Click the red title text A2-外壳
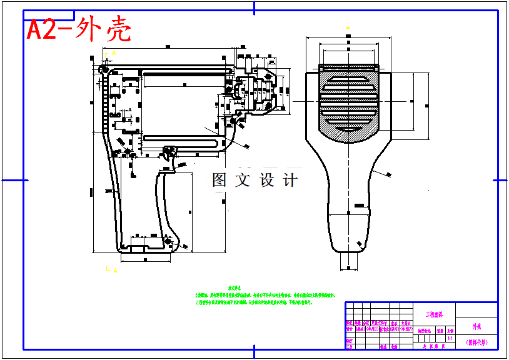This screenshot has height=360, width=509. click(79, 29)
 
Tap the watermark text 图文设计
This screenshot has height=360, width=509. click(254, 181)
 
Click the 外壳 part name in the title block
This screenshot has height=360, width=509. click(477, 326)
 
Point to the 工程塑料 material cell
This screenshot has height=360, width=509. click(435, 314)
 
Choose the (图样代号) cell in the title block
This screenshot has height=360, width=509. click(477, 342)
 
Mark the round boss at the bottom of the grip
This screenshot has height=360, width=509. click(167, 241)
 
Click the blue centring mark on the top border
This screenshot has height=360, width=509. click(254, 8)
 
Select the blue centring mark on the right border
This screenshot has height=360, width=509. click(500, 180)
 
